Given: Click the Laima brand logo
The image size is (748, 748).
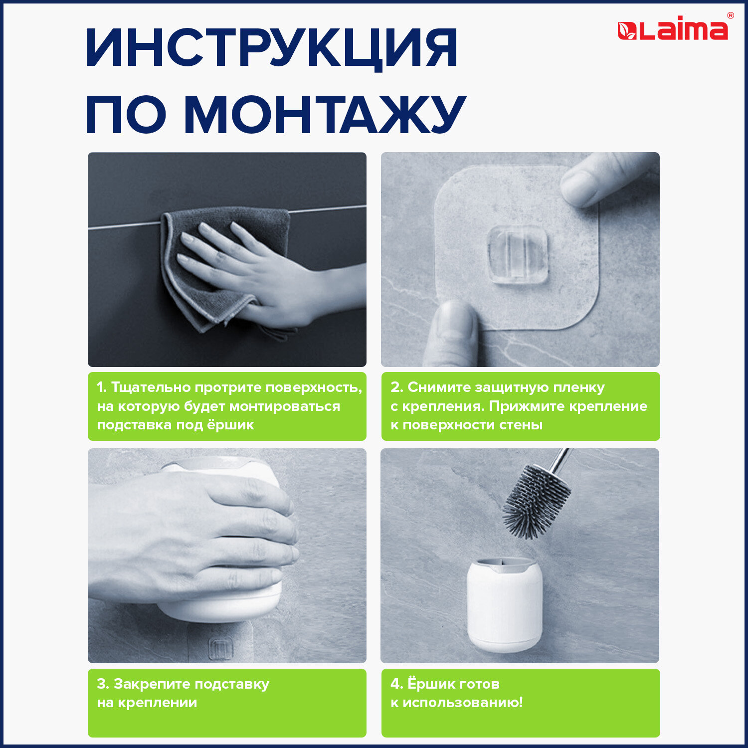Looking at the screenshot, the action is pos(673,29).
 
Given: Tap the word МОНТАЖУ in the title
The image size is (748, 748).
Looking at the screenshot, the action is pos(325,114).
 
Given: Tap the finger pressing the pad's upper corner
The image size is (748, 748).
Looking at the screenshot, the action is pos(603,180).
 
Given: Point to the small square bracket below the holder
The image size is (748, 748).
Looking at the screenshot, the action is pos(219,648).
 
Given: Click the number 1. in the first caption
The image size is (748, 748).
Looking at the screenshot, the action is pos(102,387).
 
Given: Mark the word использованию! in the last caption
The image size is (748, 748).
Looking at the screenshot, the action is pos(463,703).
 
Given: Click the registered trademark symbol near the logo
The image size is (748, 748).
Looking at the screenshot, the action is pos(731,15).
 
